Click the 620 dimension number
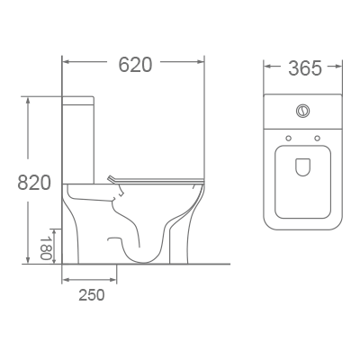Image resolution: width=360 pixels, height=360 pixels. [135, 65]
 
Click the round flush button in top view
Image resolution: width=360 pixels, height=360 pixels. [303, 112]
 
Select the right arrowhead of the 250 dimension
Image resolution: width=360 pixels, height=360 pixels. [115, 279]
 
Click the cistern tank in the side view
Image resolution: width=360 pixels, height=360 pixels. [79, 135]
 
